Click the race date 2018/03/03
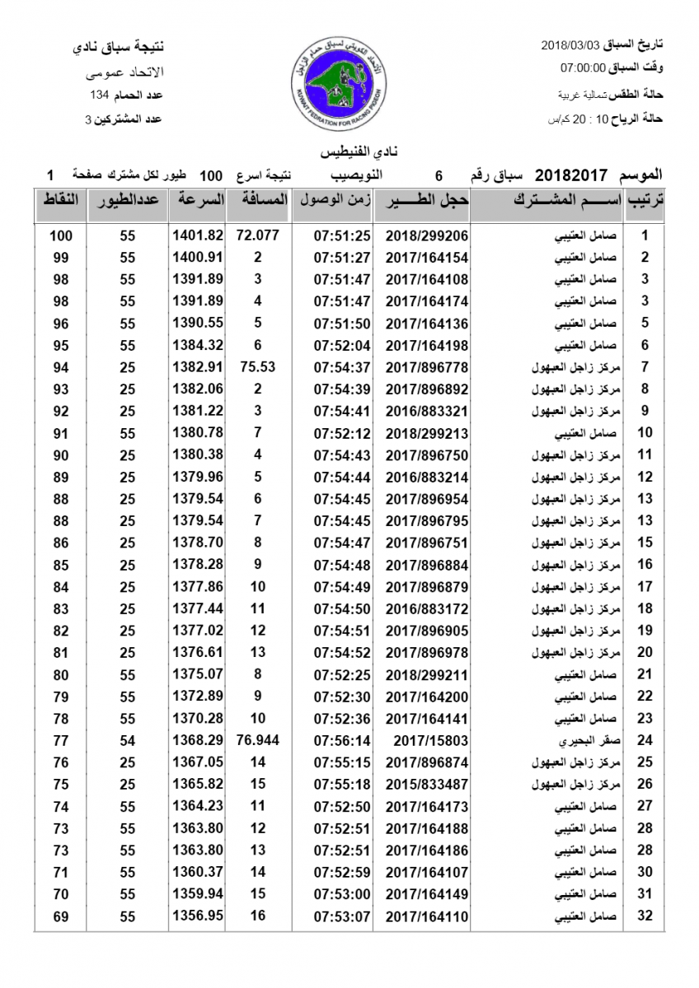point(573,44)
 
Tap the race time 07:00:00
point(584,68)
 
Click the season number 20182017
point(571,175)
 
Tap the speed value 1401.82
point(198,235)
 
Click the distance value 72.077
point(257,235)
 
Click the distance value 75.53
point(257,367)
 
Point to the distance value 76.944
point(257,740)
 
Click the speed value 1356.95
point(198,916)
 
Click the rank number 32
point(645,916)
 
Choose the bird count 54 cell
point(127,740)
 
